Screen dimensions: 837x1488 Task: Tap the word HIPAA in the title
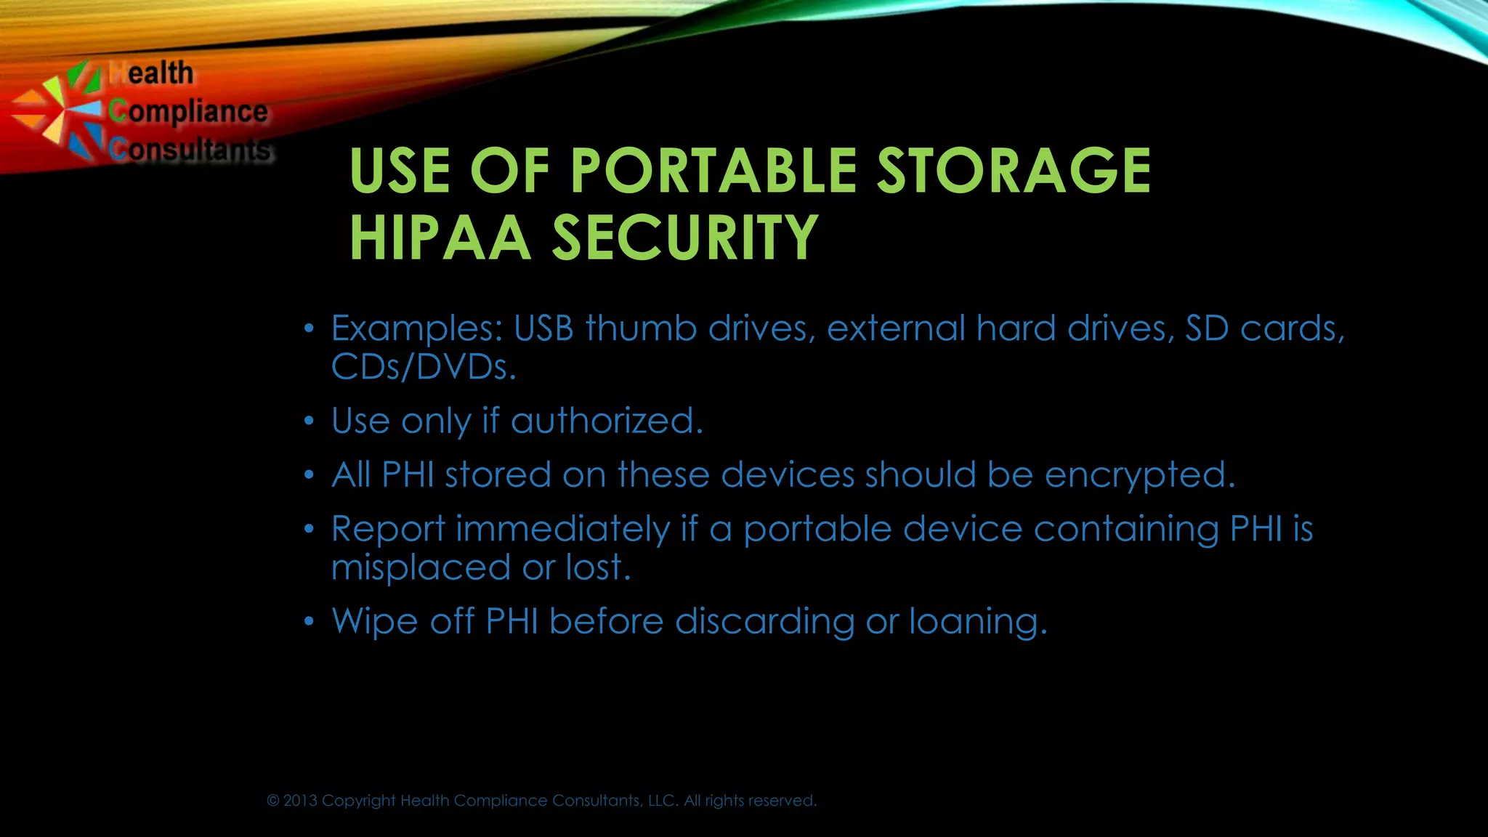point(440,238)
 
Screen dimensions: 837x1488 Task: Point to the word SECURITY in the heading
point(685,238)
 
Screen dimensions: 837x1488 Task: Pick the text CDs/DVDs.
point(424,367)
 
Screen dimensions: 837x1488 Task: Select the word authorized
point(607,421)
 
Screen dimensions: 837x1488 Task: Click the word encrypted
point(1139,475)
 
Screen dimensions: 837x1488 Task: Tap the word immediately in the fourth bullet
point(562,529)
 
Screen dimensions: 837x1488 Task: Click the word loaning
point(978,622)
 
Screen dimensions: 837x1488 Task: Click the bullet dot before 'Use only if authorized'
point(309,421)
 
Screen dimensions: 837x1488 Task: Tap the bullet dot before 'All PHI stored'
point(309,476)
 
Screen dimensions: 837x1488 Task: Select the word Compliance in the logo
point(188,112)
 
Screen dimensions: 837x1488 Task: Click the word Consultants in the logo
point(190,149)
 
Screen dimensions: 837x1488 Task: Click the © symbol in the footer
point(273,801)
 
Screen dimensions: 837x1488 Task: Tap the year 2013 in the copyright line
point(300,801)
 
